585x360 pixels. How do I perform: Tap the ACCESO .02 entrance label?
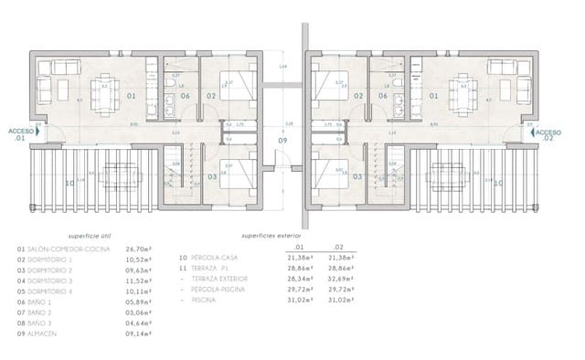(x=549, y=132)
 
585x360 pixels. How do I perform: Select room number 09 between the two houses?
(x=282, y=142)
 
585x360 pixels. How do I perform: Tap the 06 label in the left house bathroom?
(x=186, y=94)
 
